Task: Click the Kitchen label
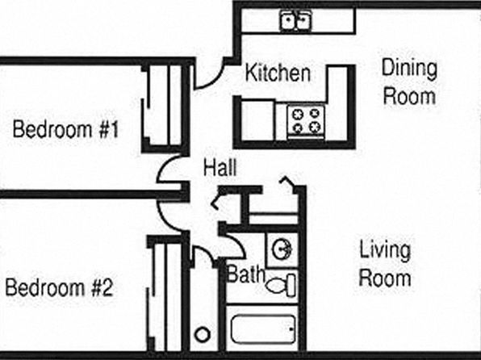(x=278, y=73)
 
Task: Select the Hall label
(x=220, y=168)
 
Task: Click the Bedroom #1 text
(x=65, y=129)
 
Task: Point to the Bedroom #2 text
(x=60, y=287)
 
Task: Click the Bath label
(x=245, y=274)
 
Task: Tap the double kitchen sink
(x=296, y=20)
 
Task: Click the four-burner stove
(x=306, y=121)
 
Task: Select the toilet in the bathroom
(x=281, y=286)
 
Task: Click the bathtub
(x=263, y=329)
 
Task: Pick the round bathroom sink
(x=282, y=249)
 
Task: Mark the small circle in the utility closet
(x=203, y=334)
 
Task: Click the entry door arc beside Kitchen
(x=215, y=81)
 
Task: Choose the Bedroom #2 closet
(x=165, y=295)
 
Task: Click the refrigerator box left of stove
(x=257, y=120)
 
